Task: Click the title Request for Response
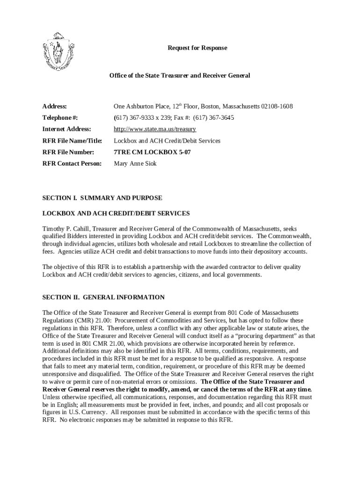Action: click(198, 48)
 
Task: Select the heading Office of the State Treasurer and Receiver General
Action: click(180, 75)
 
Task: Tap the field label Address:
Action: click(55, 107)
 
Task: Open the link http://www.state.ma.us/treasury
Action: click(155, 129)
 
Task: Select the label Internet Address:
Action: click(67, 129)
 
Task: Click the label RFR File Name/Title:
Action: click(72, 141)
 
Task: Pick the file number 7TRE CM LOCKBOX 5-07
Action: click(152, 152)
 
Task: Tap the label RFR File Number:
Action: click(68, 152)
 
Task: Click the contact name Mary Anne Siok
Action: click(135, 164)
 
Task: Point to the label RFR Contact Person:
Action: click(72, 164)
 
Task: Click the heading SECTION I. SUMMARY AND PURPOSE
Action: click(102, 198)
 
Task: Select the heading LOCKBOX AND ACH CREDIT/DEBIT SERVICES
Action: click(116, 213)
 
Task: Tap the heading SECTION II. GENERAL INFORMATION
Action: click(103, 297)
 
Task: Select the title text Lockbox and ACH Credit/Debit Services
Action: click(167, 141)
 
